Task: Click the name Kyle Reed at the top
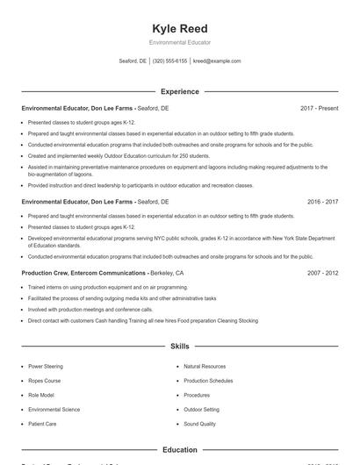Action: pos(180,28)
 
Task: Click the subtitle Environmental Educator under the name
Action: pos(180,42)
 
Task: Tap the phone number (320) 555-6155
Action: pos(170,61)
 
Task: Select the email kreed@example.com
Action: pos(217,61)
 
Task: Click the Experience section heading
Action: pos(180,91)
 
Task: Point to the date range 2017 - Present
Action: pos(319,108)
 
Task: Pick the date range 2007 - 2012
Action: pos(322,273)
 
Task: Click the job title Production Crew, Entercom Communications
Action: pos(84,273)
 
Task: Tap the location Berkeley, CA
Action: pos(168,273)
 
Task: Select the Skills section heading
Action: pos(180,347)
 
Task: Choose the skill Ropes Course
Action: pos(46,381)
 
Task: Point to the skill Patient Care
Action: pos(44,424)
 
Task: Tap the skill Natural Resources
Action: pos(205,366)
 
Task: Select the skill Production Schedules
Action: pos(208,381)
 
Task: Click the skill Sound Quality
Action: pos(200,424)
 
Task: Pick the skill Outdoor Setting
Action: pos(201,410)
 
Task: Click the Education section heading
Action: pos(180,450)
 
